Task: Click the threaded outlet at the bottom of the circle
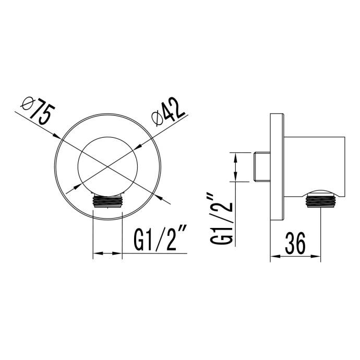pos(107,200)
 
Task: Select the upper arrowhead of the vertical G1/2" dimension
pos(236,156)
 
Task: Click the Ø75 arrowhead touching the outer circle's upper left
pos(58,138)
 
